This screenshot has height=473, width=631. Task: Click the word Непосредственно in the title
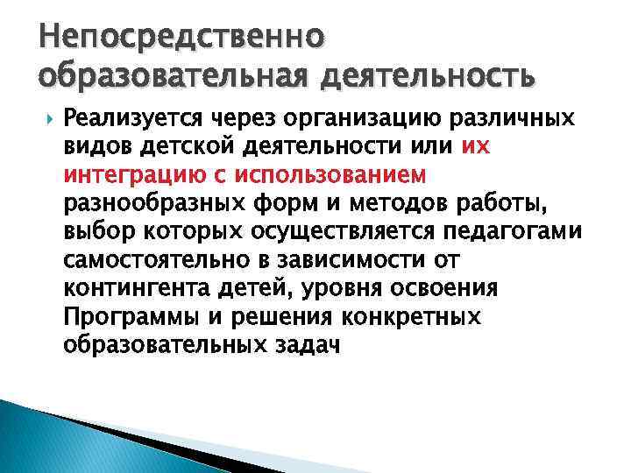[181, 39]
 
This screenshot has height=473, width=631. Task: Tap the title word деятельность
[429, 78]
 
